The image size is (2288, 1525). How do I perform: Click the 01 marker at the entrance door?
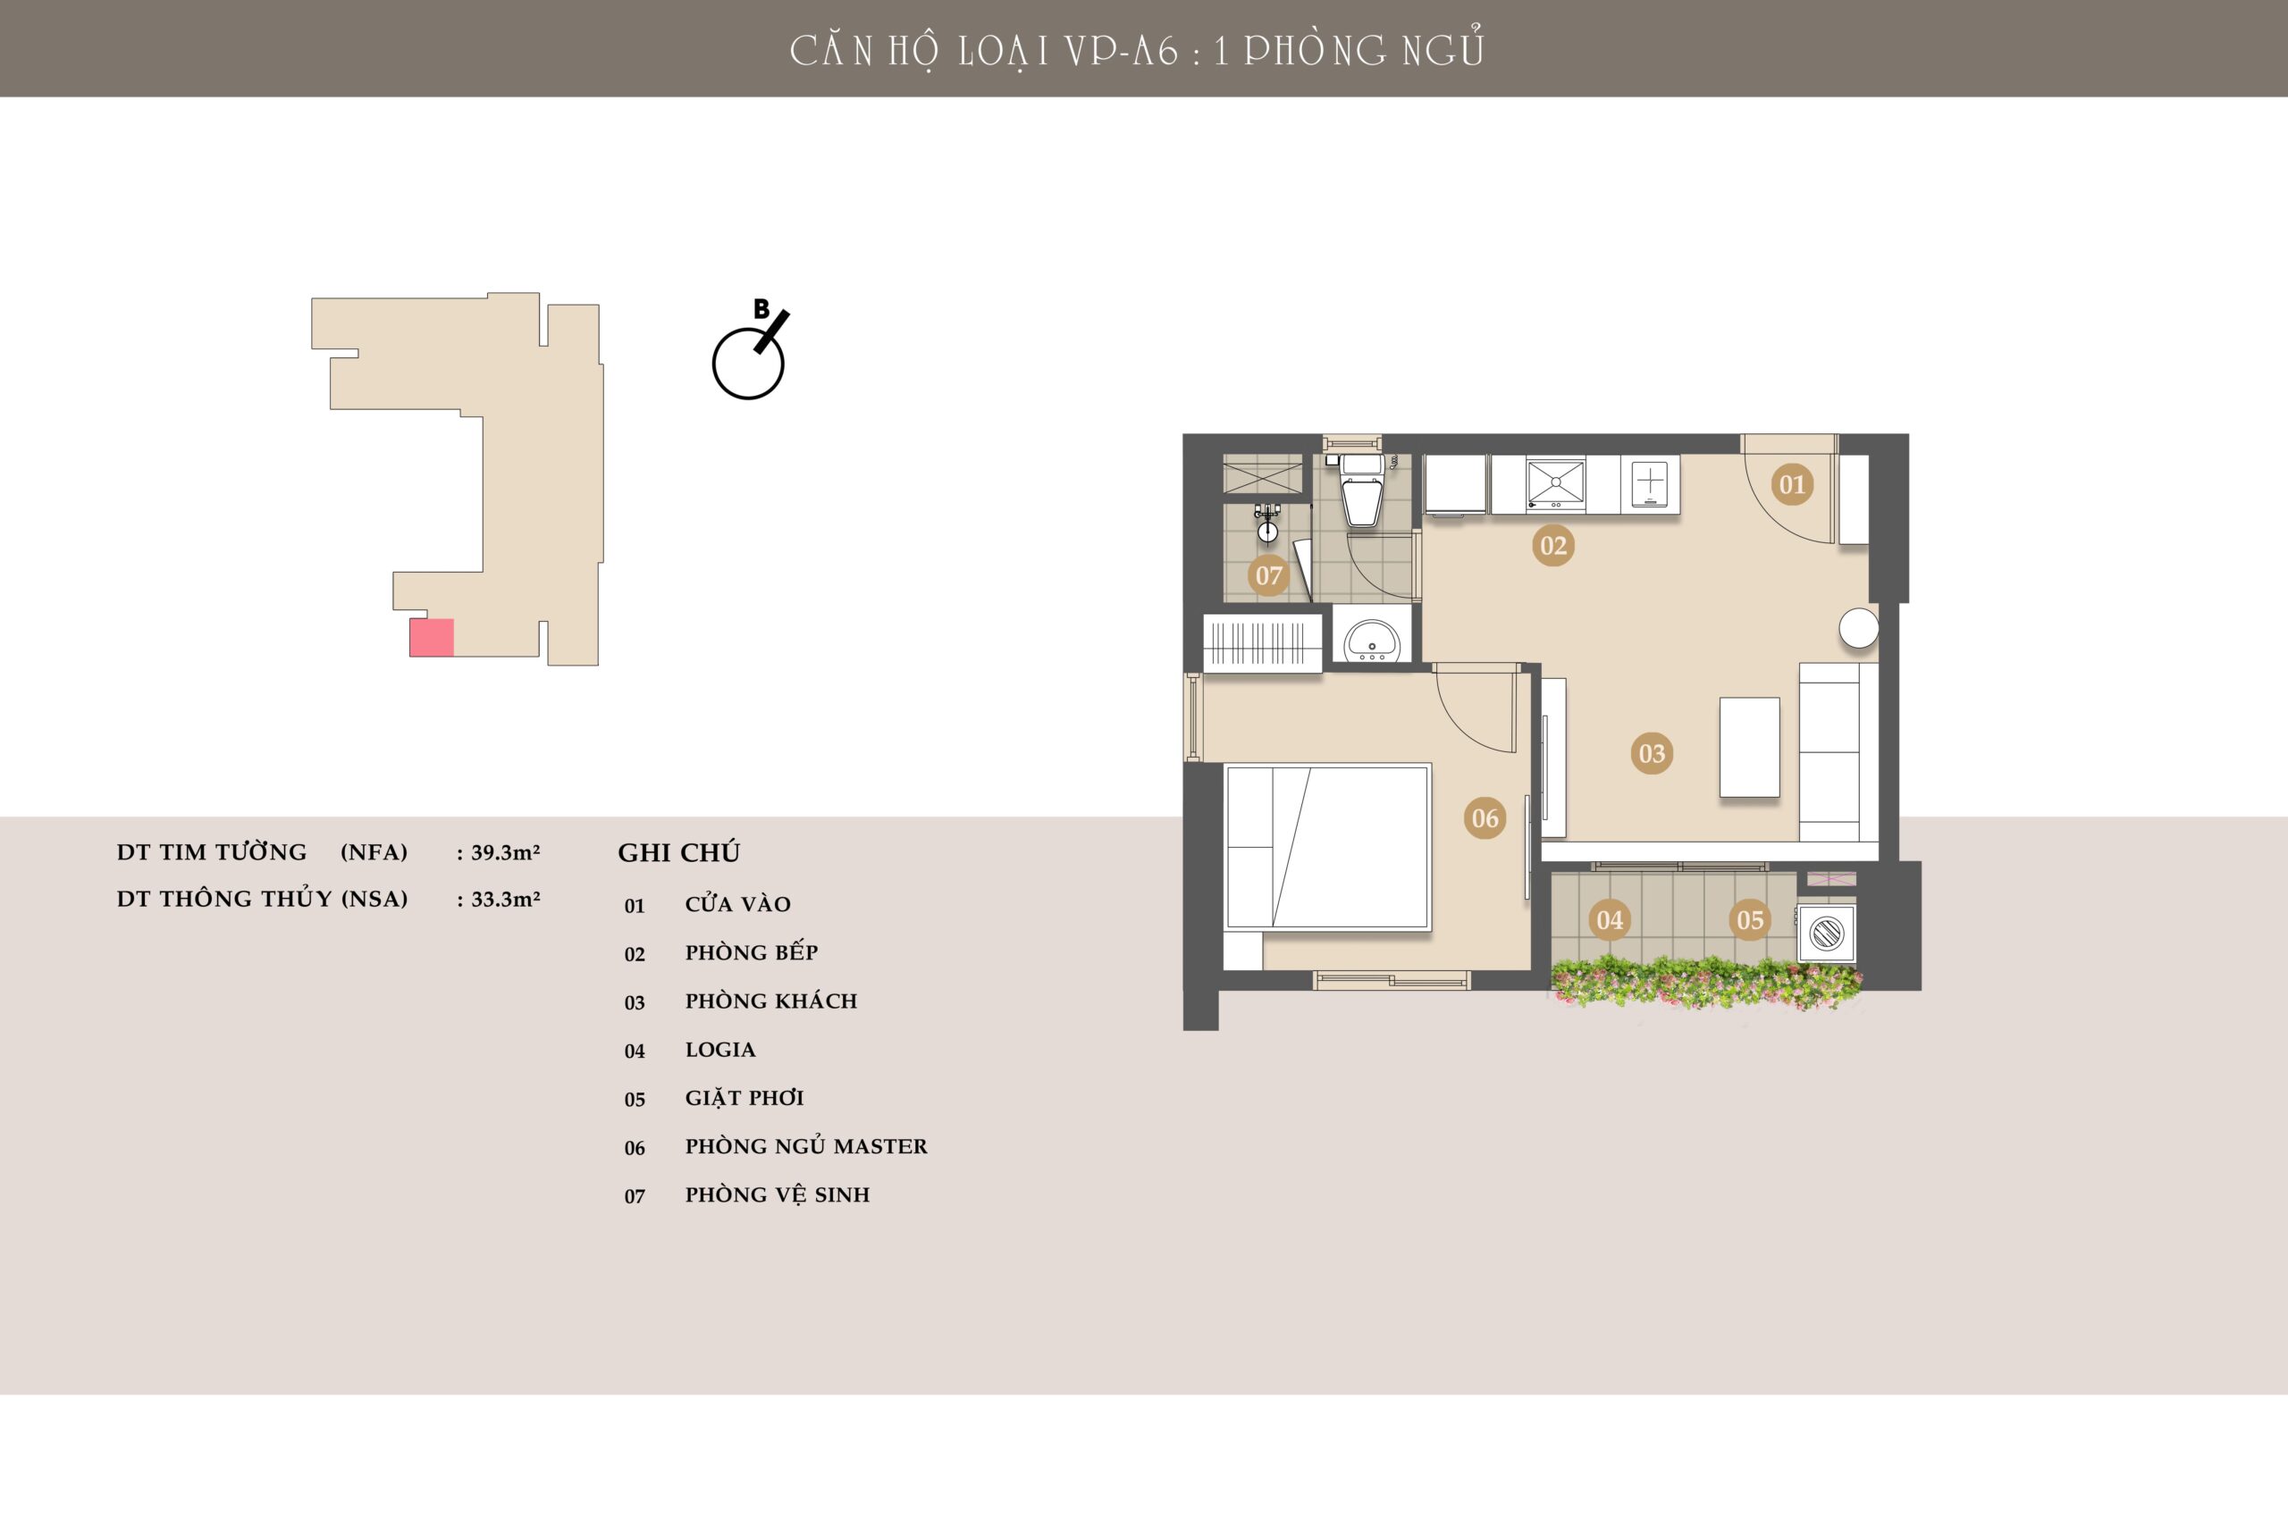[1792, 483]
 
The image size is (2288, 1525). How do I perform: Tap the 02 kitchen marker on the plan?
[1552, 545]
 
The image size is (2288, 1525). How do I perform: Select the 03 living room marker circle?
[1651, 753]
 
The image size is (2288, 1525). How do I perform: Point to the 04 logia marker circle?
[1609, 919]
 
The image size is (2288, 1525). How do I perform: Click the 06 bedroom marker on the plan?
[1485, 818]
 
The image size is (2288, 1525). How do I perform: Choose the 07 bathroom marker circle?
[1268, 575]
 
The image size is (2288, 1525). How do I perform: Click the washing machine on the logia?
[1826, 934]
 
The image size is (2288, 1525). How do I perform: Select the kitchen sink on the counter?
[1555, 483]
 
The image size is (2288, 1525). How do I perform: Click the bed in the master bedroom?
[1328, 847]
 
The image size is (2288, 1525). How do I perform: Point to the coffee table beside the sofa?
[1749, 747]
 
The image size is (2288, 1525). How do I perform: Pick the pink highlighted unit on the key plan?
[431, 637]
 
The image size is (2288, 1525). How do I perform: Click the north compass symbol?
[749, 354]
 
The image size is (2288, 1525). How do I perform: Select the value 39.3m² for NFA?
[505, 853]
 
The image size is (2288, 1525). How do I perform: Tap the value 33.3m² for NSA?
[505, 900]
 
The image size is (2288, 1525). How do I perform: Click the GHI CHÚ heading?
[679, 852]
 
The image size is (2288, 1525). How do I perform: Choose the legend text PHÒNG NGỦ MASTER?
[806, 1147]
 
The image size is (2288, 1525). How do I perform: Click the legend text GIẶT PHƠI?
[744, 1098]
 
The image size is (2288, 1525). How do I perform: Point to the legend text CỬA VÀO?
[737, 903]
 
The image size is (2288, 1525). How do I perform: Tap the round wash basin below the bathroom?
[1371, 640]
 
